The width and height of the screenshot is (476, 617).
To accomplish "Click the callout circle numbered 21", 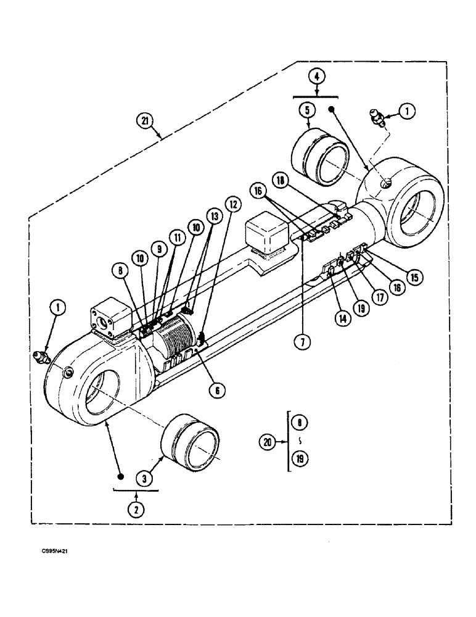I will point(146,122).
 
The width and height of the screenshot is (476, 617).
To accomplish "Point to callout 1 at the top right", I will point(407,111).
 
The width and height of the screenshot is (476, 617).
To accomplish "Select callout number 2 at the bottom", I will point(136,510).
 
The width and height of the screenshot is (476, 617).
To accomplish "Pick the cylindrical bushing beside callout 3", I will point(191,443).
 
